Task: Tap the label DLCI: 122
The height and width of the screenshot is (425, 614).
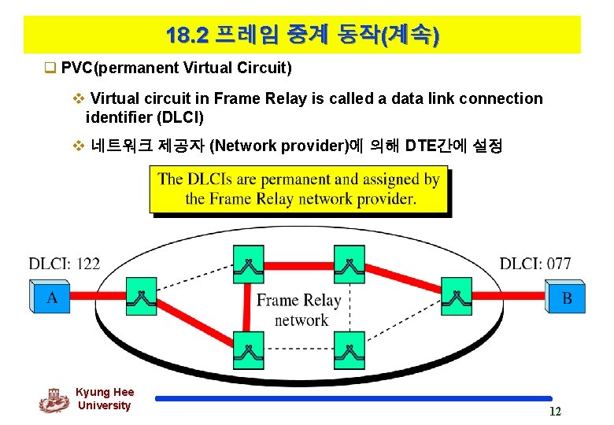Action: [x=65, y=264]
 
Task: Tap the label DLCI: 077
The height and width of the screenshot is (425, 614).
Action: [x=535, y=264]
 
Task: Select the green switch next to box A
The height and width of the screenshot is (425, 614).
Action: [x=142, y=297]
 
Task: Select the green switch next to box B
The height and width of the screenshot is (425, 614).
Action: [x=456, y=297]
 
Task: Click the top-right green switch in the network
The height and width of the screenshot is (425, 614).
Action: [x=349, y=264]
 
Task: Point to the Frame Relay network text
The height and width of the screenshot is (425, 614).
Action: [x=299, y=309]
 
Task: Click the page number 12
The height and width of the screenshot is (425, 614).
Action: [x=555, y=412]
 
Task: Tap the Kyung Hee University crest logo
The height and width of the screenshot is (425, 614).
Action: [x=54, y=400]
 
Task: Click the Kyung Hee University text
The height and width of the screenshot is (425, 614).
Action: [x=105, y=398]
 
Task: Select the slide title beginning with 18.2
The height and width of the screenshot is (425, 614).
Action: [x=302, y=35]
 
